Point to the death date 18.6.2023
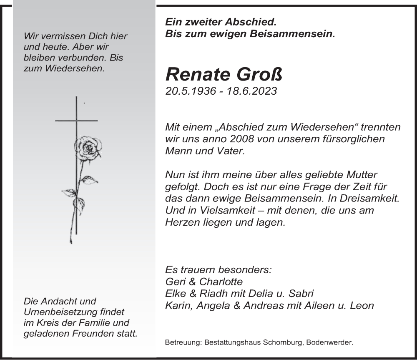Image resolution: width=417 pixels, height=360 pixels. point(253,91)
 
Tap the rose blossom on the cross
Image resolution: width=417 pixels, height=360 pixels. point(87,148)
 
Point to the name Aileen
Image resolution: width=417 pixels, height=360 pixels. point(323,305)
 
